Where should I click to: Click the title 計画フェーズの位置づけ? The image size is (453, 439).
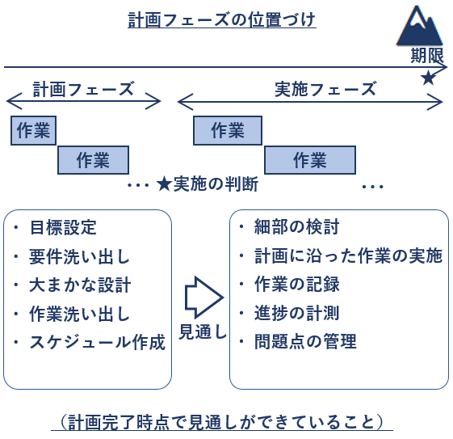coord(221,19)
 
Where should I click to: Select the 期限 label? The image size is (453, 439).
coord(426,56)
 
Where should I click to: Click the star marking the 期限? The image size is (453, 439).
coord(428,78)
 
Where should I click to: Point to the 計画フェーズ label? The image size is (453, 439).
coord(83,89)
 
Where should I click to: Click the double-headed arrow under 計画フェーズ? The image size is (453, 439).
coord(83,102)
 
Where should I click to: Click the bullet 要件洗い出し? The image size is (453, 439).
coord(79,257)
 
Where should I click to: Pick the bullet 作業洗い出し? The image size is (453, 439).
coord(79,314)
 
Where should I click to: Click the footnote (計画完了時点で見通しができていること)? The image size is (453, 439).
coord(221,421)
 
